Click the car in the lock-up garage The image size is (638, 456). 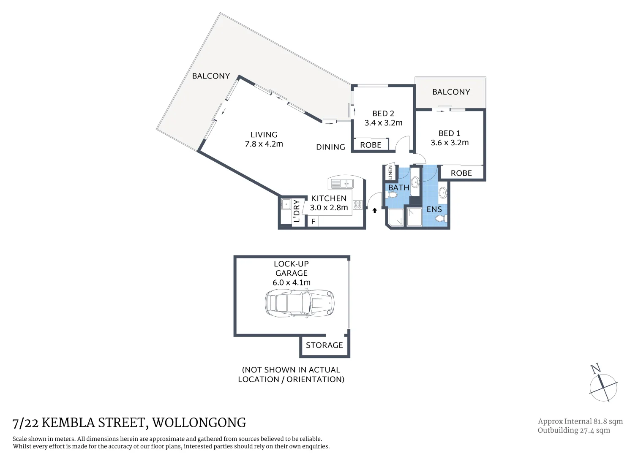[x=300, y=303]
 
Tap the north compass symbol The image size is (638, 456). [x=603, y=386]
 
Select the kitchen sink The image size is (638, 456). [x=342, y=184]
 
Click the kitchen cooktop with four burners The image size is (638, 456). [x=357, y=205]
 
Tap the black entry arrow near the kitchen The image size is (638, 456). [x=374, y=210]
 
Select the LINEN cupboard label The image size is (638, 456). [x=390, y=172]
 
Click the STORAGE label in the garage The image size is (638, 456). [x=324, y=345]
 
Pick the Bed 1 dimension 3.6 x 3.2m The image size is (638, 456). [x=450, y=143]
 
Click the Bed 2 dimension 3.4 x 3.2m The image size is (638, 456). [x=383, y=123]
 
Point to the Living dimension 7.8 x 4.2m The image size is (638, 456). [x=264, y=144]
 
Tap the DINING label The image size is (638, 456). [x=330, y=147]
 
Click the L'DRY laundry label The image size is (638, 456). [x=297, y=211]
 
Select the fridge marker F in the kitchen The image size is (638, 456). [x=313, y=222]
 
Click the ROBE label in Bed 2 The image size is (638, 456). [x=371, y=145]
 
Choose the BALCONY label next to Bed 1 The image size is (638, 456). [x=451, y=92]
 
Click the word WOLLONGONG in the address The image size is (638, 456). [x=199, y=423]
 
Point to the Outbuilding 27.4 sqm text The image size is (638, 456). [x=573, y=430]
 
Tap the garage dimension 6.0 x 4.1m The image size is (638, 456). [x=291, y=282]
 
